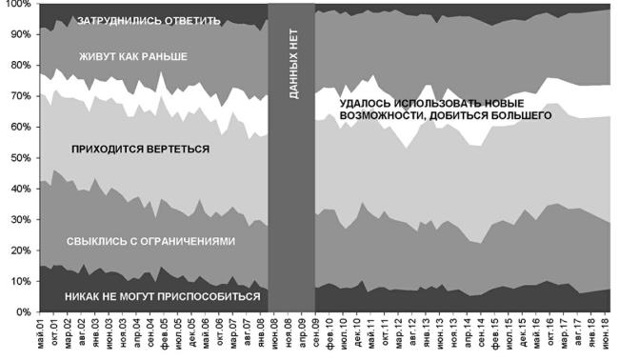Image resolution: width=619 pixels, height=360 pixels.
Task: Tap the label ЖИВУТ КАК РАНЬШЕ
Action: point(132,57)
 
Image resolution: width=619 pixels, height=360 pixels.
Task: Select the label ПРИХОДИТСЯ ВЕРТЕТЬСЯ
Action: point(140,150)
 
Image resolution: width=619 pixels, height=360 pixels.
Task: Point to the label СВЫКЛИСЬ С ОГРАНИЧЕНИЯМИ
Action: point(150,241)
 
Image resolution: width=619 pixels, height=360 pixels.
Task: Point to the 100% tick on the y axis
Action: point(18,5)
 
